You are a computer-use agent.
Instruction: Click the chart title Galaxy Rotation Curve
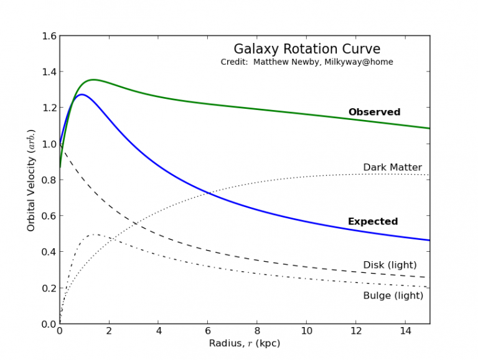[x=306, y=49]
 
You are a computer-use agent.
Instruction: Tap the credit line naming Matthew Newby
[x=306, y=62]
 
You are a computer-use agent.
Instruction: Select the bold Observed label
[x=374, y=113]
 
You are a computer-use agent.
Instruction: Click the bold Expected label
[x=372, y=221]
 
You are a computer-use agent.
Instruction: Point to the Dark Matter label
[x=392, y=168]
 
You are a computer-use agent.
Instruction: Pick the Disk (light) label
[x=390, y=265]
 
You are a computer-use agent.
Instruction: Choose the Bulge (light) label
[x=393, y=296]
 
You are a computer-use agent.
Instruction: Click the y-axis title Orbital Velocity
[x=31, y=180]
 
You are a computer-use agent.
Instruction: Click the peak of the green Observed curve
[x=92, y=80]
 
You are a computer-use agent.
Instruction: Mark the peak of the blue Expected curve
[x=81, y=95]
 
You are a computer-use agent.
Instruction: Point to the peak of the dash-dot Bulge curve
[x=95, y=234]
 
